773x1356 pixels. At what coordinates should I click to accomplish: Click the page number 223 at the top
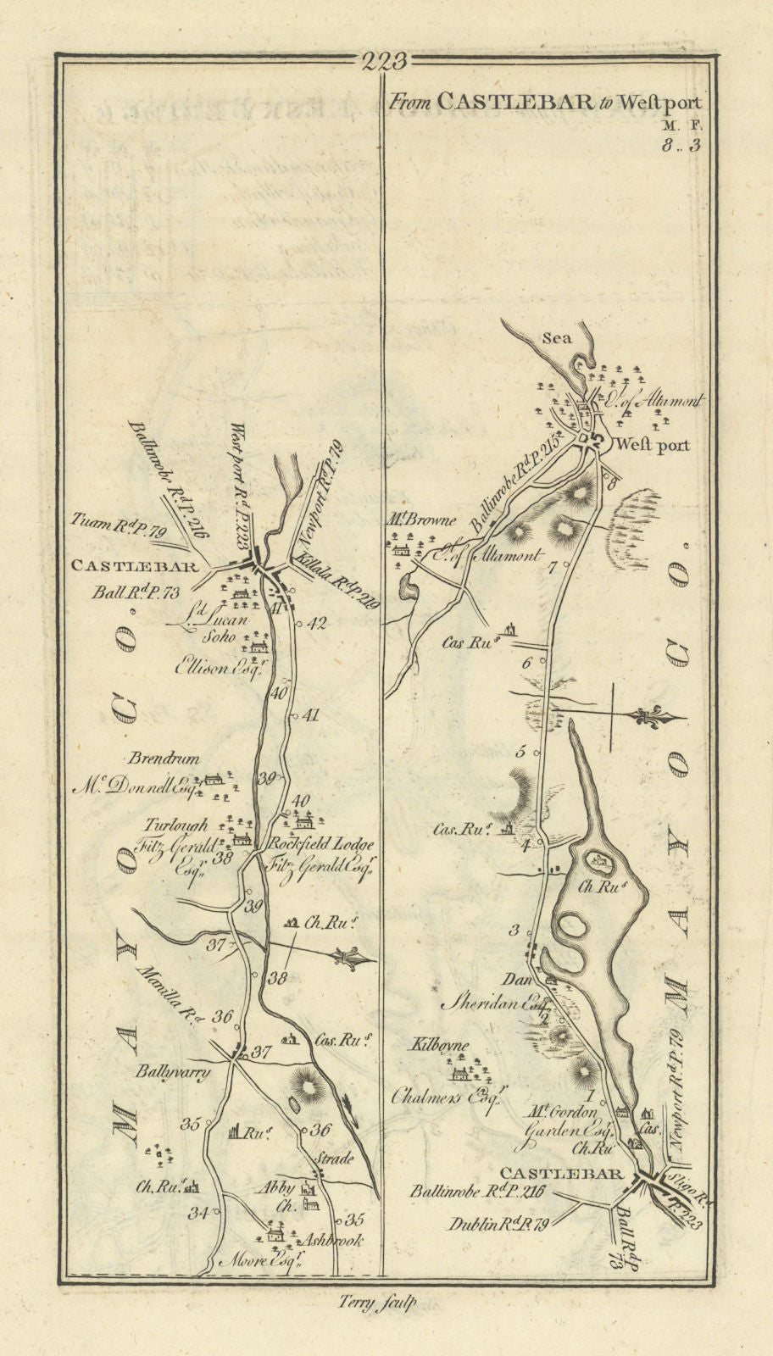[x=384, y=62]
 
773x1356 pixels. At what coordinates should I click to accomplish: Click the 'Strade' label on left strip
[x=334, y=1159]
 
